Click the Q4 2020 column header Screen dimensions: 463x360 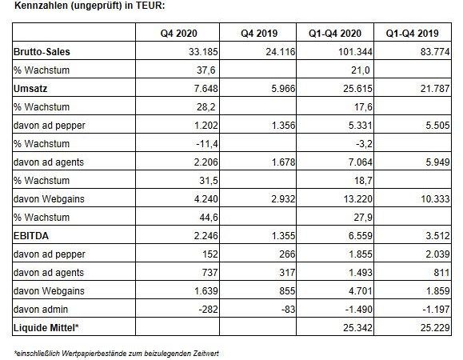point(178,33)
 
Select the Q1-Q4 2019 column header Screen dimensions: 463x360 point(412,33)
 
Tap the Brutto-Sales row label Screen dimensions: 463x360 point(42,52)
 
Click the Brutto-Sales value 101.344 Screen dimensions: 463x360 point(355,52)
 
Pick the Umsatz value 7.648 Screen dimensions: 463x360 point(206,88)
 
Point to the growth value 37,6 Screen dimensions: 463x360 point(206,70)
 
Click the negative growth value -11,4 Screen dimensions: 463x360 point(207,143)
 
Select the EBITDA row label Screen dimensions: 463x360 point(31,236)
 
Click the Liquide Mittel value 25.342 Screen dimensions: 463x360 point(357,327)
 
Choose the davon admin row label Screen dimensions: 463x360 point(41,310)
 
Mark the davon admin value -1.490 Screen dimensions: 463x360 point(359,310)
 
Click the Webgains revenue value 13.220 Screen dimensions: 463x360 point(357,198)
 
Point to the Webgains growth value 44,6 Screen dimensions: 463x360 point(209,217)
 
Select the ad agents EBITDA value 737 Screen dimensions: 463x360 point(210,272)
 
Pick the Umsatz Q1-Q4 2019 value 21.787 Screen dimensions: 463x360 point(435,88)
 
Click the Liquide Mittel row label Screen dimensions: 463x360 point(46,327)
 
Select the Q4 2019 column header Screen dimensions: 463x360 point(259,33)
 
